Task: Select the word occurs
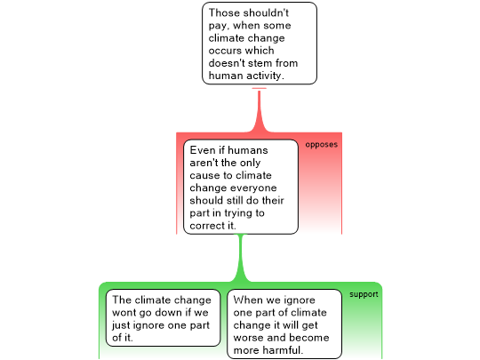tap(225, 51)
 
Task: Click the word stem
tap(261, 63)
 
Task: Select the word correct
tap(207, 226)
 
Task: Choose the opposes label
tap(322, 145)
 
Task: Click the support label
tap(364, 294)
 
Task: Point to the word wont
tap(124, 313)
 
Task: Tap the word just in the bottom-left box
tap(119, 325)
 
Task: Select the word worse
tap(248, 338)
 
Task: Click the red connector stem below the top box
tap(260, 111)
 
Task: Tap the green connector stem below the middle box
tap(241, 258)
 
